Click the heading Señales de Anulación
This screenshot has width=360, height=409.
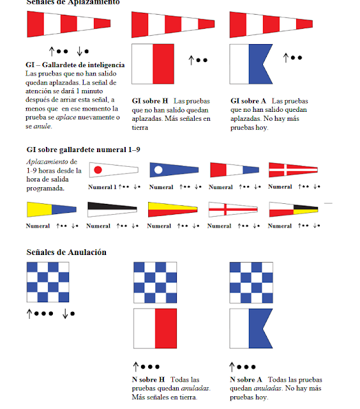coord(66,252)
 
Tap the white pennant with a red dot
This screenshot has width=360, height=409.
coord(113,170)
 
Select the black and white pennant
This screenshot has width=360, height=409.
coord(112,206)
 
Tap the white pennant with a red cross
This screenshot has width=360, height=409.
coord(232,209)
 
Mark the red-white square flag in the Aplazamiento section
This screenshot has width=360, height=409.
coord(154,64)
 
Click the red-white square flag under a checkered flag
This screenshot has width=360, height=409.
coord(154,330)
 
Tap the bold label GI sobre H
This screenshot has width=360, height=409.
coord(150,101)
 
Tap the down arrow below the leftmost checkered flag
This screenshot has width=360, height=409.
coord(65,313)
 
